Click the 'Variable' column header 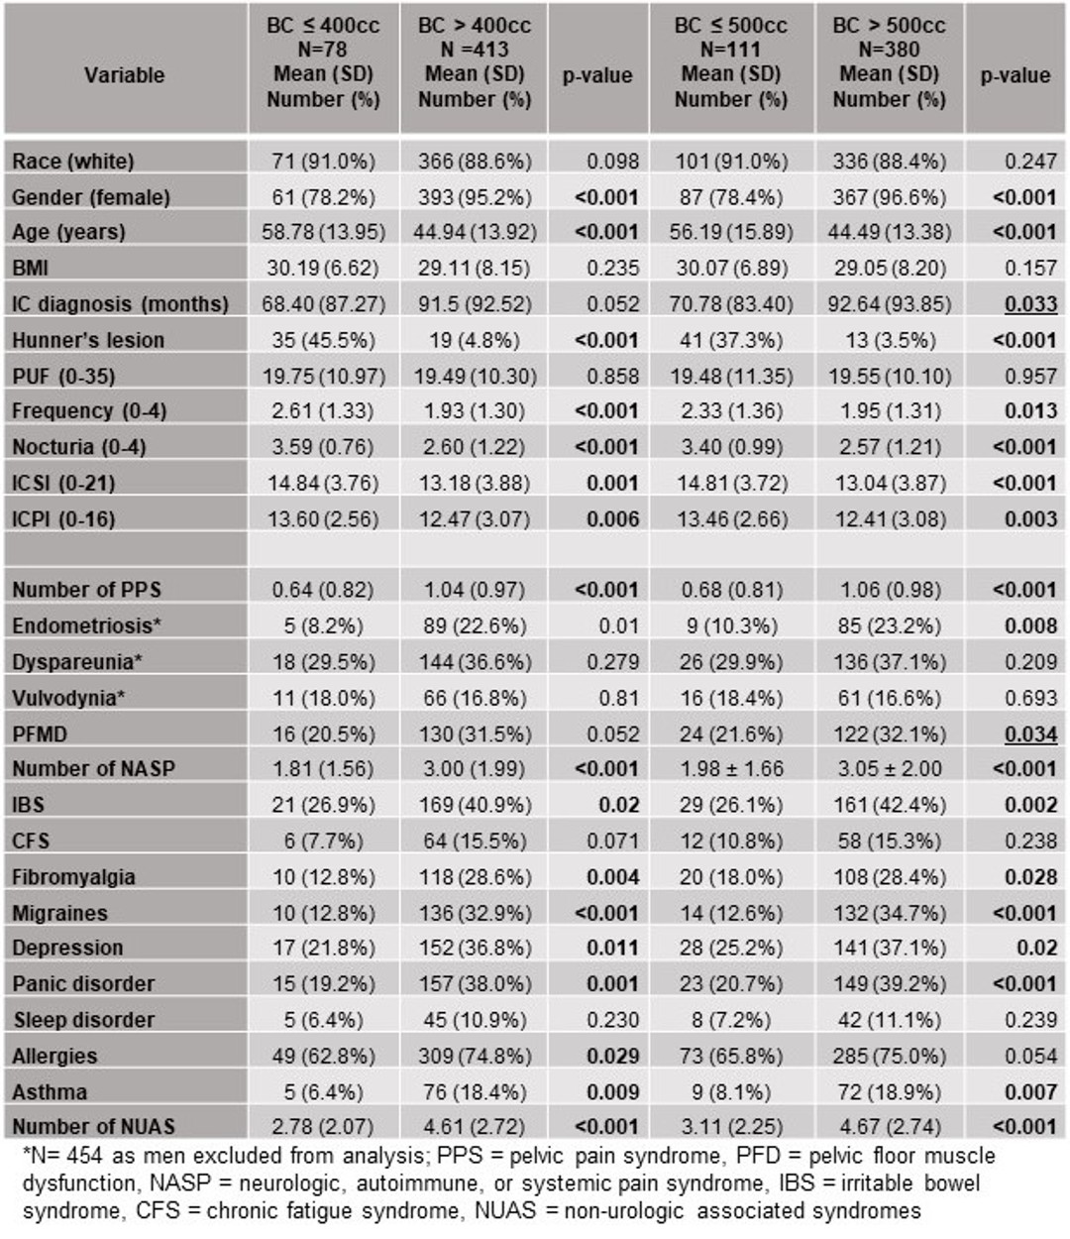(124, 75)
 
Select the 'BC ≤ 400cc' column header (323, 25)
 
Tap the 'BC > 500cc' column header (889, 25)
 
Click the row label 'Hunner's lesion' (88, 340)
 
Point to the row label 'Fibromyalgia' (73, 877)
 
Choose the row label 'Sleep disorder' (84, 1020)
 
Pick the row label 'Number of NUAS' (93, 1126)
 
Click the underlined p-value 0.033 (1030, 304)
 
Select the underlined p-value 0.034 (1030, 733)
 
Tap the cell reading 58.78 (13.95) (324, 232)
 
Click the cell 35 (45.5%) (324, 340)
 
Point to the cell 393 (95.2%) (475, 197)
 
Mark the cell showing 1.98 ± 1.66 (731, 768)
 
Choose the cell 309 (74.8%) (475, 1056)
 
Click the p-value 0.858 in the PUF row (612, 376)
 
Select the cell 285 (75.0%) (889, 1056)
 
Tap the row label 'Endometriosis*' (87, 625)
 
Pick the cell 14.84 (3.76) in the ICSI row (324, 483)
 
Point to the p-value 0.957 (1030, 376)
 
